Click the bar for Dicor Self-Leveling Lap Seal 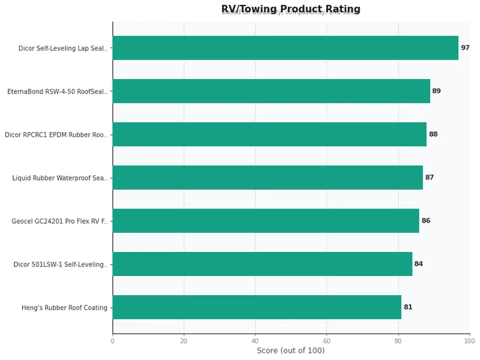point(285,48)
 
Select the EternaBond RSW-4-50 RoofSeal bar point(271,91)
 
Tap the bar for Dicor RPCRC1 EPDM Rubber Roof point(269,134)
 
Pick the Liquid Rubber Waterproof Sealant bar point(268,178)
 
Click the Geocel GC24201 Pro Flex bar point(266,221)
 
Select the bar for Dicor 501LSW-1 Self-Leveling point(262,264)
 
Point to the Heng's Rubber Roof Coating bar point(257,307)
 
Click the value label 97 point(465,48)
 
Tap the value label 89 point(436,91)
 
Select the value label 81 point(408,307)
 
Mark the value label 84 point(418,264)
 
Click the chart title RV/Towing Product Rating point(291,9)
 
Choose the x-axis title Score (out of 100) point(291,350)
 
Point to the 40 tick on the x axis point(255,341)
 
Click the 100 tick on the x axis point(469,341)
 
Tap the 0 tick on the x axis point(112,341)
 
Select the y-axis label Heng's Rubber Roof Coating point(64,308)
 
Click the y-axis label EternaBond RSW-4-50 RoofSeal point(58,92)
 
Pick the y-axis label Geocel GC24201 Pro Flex point(59,221)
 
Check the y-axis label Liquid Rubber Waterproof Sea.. point(60,178)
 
